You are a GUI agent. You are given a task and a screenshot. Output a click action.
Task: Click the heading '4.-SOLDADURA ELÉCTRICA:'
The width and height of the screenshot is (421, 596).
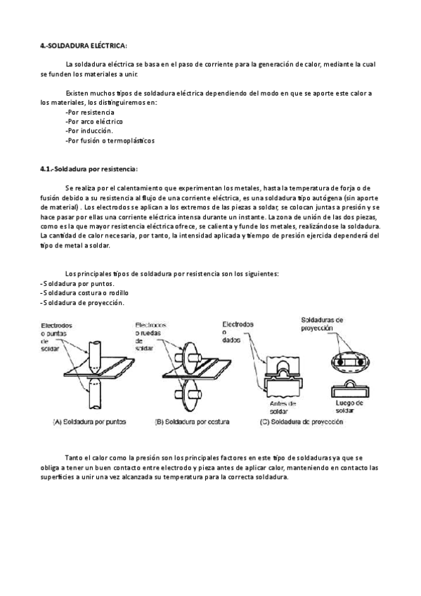(x=84, y=46)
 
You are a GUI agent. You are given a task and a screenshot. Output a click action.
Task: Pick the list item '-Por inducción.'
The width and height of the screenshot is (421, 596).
(x=89, y=131)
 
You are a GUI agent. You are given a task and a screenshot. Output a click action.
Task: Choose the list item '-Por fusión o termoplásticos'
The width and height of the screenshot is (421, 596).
(x=109, y=141)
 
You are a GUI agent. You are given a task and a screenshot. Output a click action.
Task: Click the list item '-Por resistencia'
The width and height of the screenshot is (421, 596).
(x=89, y=112)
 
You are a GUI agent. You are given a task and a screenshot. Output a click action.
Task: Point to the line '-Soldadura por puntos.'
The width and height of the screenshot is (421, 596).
(x=78, y=284)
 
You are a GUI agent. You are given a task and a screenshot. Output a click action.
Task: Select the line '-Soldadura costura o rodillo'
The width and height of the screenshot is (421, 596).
(x=85, y=293)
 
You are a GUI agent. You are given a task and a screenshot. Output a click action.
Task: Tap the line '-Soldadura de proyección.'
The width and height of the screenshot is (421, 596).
(x=82, y=302)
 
